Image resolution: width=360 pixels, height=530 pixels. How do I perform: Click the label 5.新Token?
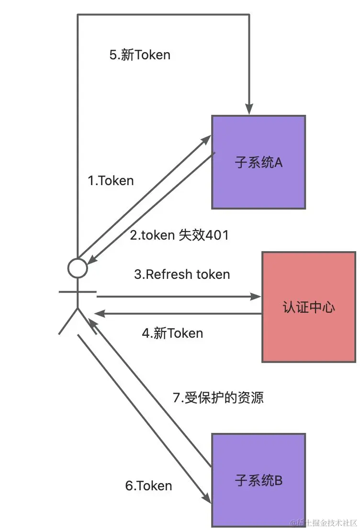140,55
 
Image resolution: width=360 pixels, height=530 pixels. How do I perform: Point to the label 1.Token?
111,180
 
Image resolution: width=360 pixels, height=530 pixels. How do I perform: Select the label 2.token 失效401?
179,235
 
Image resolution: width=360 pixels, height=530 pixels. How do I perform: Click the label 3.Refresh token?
182,275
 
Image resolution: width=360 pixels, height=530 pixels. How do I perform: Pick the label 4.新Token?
172,333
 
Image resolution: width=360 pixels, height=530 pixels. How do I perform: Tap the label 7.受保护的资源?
218,397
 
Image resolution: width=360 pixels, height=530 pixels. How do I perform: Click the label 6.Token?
148,486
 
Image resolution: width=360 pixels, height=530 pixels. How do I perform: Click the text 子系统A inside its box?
259,163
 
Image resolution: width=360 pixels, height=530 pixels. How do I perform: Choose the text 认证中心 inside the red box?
309,307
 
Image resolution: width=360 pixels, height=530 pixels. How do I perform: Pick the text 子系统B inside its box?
259,481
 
